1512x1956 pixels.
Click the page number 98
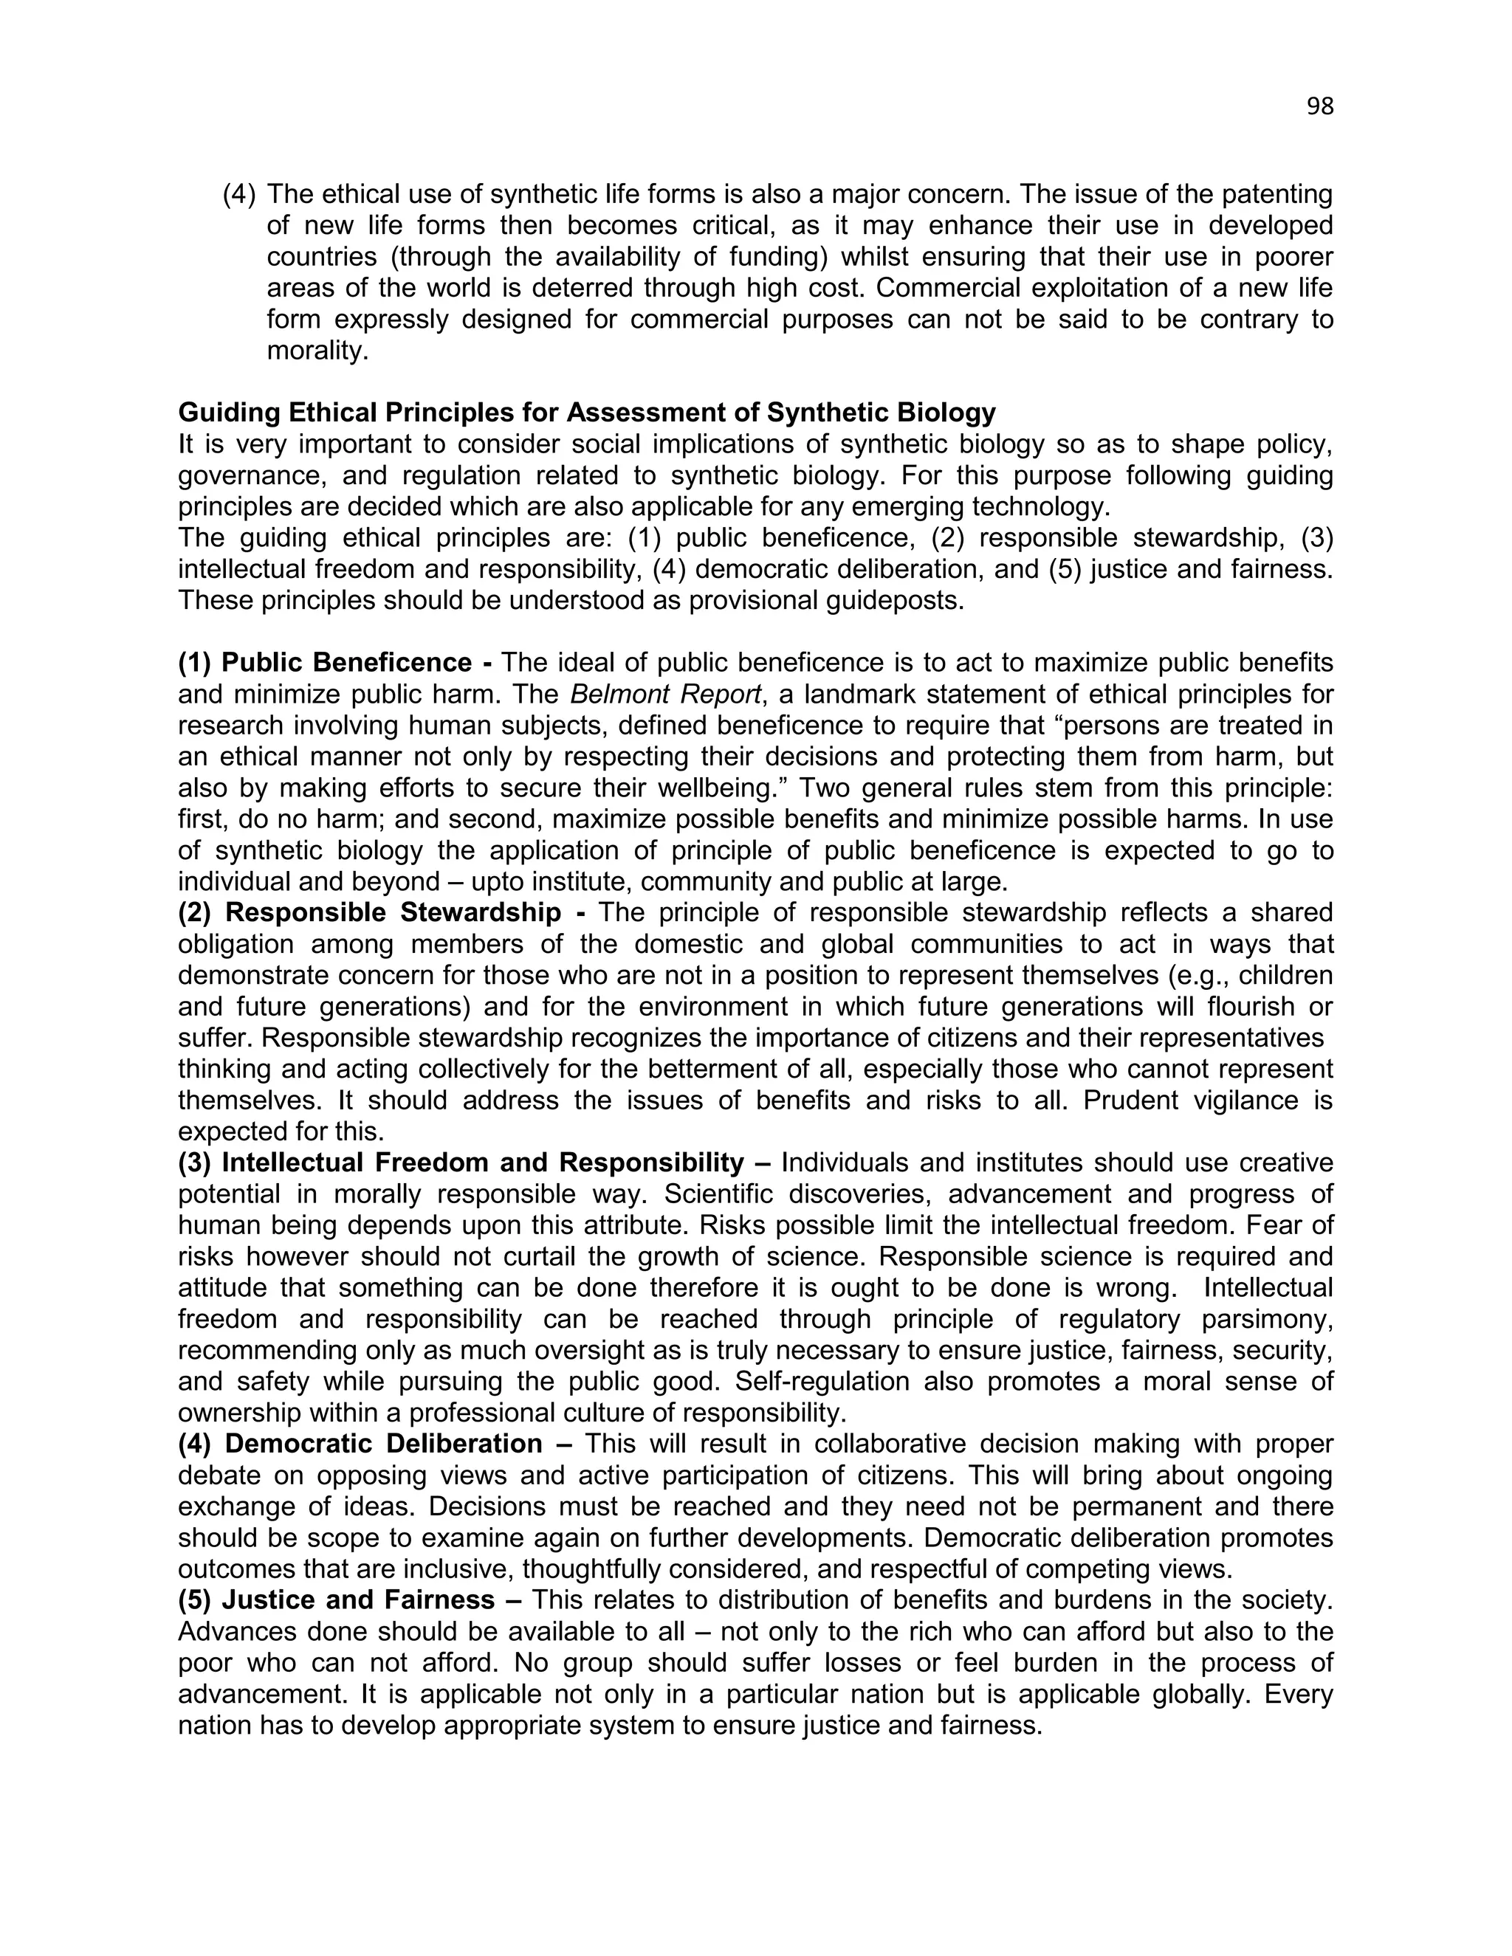tap(1319, 106)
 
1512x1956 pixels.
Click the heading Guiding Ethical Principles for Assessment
tap(587, 412)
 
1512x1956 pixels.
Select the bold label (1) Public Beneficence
tap(335, 663)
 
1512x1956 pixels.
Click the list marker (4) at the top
tap(239, 193)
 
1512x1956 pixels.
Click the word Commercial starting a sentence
tap(950, 289)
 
